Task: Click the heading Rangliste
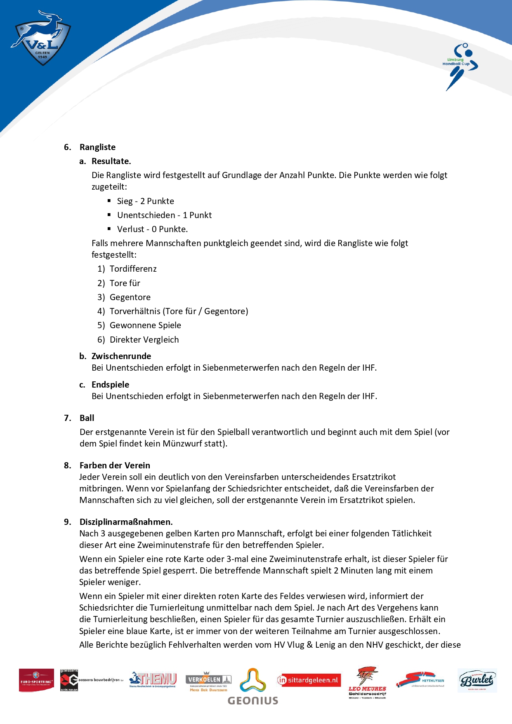(97, 147)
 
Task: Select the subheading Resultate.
(111, 161)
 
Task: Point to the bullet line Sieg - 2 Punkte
(145, 201)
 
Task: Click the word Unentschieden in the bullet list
(146, 215)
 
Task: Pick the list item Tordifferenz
(133, 269)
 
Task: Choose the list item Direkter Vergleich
(144, 340)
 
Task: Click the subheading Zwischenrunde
(121, 356)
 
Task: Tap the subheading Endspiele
(110, 385)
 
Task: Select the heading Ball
(87, 418)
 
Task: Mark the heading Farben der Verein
(115, 465)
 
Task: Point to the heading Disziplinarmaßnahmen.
(126, 522)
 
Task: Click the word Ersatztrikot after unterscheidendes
(373, 477)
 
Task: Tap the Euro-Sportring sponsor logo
(36, 680)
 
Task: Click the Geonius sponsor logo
(253, 687)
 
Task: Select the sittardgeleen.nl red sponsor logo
(309, 680)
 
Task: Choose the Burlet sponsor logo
(477, 680)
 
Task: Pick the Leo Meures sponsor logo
(367, 683)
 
